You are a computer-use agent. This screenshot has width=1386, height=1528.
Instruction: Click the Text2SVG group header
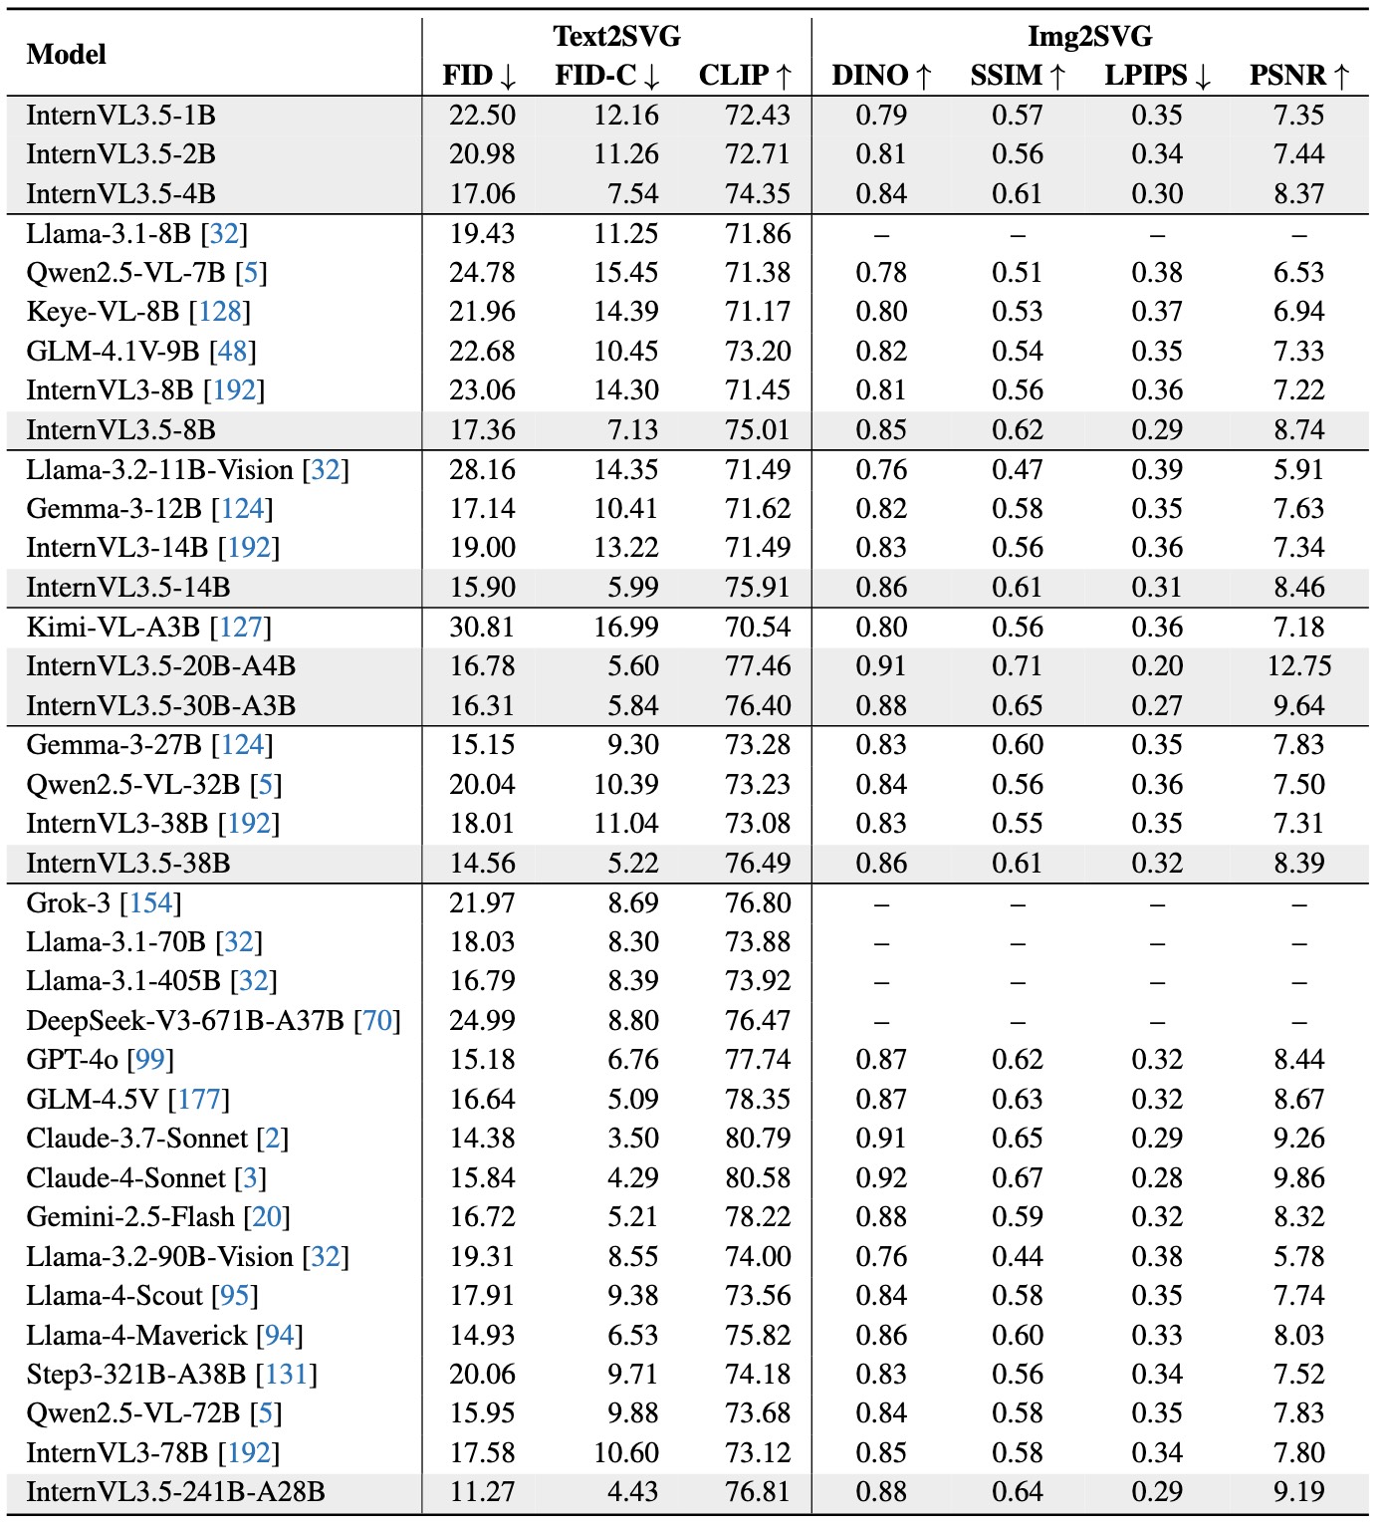pos(616,37)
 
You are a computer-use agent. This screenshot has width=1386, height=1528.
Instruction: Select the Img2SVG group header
pos(1089,37)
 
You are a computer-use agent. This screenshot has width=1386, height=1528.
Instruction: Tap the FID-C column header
pos(606,76)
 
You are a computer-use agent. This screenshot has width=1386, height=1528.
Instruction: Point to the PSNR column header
pos(1298,76)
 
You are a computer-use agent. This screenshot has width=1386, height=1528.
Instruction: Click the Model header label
pos(66,54)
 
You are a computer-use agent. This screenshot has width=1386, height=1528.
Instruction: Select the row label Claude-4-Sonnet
pos(126,1178)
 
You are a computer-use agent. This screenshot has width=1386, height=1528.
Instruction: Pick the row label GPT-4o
pos(73,1060)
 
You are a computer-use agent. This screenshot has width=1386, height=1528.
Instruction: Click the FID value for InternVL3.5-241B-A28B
pos(482,1492)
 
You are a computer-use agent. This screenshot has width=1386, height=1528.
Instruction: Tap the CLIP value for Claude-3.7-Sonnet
pos(758,1139)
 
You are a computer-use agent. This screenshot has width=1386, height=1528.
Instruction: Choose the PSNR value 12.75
pos(1298,666)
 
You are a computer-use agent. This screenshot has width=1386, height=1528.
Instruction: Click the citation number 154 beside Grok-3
pos(150,903)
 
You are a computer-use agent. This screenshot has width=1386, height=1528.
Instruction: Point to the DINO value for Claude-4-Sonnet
pos(881,1178)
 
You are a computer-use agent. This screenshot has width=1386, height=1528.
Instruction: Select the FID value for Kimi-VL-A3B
pos(482,628)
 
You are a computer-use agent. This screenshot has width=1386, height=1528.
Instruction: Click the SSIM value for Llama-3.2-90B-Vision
pos(1017,1257)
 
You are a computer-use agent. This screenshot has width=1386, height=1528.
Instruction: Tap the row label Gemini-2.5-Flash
pos(130,1217)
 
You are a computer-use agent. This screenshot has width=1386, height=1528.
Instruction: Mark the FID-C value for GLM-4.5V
pos(632,1100)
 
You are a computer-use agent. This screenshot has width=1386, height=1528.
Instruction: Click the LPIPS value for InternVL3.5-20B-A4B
pos(1157,666)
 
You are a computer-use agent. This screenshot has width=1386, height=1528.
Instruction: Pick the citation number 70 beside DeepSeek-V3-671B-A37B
pos(377,1021)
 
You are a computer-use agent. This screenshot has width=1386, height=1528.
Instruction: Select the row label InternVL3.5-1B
pos(120,116)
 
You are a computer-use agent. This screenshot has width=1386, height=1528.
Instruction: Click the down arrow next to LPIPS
pos(1203,77)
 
